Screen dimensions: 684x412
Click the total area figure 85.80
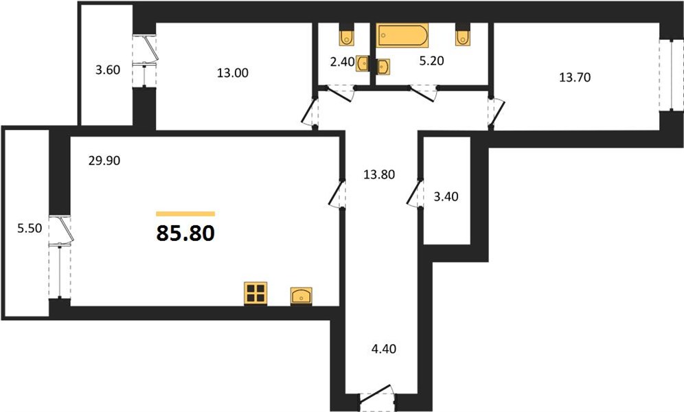click(x=185, y=233)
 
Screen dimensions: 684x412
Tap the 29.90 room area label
click(x=104, y=161)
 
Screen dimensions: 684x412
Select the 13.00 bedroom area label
click(x=233, y=73)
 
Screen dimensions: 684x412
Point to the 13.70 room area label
click(x=575, y=77)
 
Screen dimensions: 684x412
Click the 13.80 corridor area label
click(x=379, y=174)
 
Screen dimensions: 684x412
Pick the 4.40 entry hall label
click(x=383, y=349)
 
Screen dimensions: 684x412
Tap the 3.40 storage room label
click(x=446, y=196)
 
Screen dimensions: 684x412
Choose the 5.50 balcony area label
click(x=30, y=228)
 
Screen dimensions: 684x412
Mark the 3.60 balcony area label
click(x=108, y=70)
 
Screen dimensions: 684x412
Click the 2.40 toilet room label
click(x=343, y=62)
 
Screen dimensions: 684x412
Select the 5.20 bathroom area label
click(x=431, y=60)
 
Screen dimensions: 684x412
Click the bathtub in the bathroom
click(x=402, y=34)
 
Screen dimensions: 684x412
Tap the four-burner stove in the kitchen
click(x=255, y=293)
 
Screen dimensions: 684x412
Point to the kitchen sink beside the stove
click(x=301, y=295)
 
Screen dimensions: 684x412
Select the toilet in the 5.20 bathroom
click(x=462, y=38)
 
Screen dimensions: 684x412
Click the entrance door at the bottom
click(x=378, y=395)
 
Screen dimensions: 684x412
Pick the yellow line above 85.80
click(x=185, y=214)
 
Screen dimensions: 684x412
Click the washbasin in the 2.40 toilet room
click(x=363, y=63)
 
